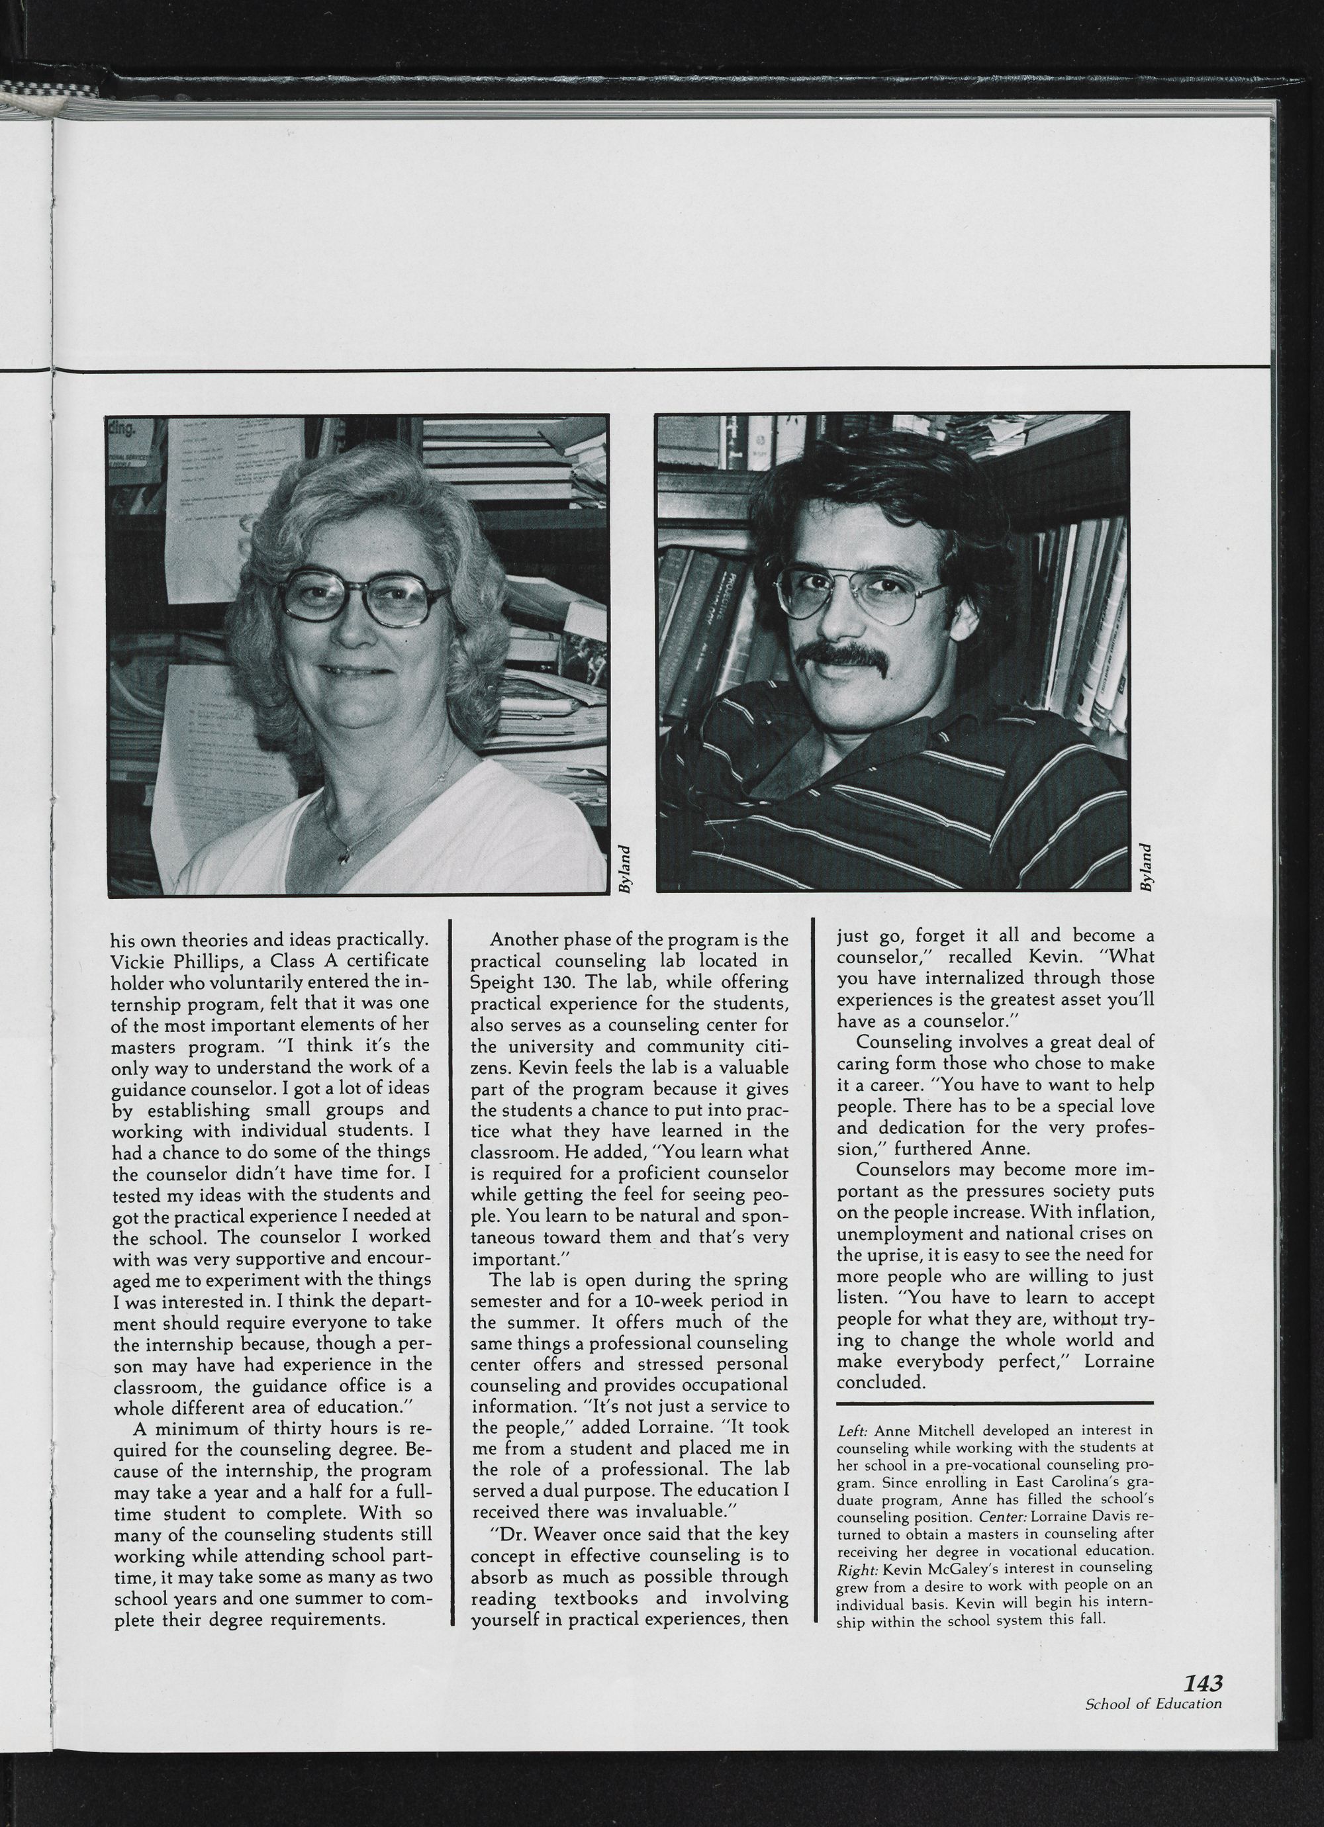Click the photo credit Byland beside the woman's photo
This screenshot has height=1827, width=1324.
point(624,868)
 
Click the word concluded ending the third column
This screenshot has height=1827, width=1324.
point(879,1382)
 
